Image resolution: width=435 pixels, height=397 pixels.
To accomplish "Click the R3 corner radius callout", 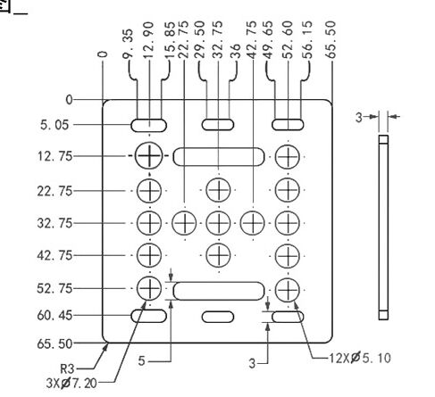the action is tap(67, 369).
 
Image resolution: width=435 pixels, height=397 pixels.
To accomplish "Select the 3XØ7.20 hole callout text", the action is tap(71, 383).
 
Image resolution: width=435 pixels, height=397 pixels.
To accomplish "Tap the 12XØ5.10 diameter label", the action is tap(360, 358).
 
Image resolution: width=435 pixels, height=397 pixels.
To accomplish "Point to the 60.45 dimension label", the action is tap(54, 316).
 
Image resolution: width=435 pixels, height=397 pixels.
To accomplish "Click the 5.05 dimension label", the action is tap(54, 125).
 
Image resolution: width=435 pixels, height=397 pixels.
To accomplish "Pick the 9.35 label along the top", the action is tap(129, 44).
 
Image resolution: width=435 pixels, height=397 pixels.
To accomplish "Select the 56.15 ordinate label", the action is tap(307, 39).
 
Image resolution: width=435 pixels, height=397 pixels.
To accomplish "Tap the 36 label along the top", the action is tap(235, 51).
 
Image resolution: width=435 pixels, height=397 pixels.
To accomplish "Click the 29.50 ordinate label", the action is tap(200, 39).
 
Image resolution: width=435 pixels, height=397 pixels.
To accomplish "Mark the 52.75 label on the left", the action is tap(54, 289).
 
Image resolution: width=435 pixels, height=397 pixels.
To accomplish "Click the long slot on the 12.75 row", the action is tap(219, 156).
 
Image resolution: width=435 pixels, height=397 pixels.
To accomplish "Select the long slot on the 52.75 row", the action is tap(219, 291).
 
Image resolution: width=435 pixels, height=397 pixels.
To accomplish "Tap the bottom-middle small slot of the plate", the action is tap(218, 317).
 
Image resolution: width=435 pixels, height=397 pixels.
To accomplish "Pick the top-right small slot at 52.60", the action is tap(288, 125).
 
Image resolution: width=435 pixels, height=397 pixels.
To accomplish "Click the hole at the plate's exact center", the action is tap(218, 223).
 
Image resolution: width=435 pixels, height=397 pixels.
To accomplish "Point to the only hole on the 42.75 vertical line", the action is tap(253, 223).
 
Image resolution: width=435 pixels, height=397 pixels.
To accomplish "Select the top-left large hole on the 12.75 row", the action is tap(149, 156).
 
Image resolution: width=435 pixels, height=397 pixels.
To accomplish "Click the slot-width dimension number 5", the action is tap(141, 361).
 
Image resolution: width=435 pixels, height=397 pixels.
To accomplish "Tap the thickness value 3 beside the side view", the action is tap(359, 118).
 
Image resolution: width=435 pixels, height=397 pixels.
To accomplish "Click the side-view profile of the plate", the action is tap(383, 227).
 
